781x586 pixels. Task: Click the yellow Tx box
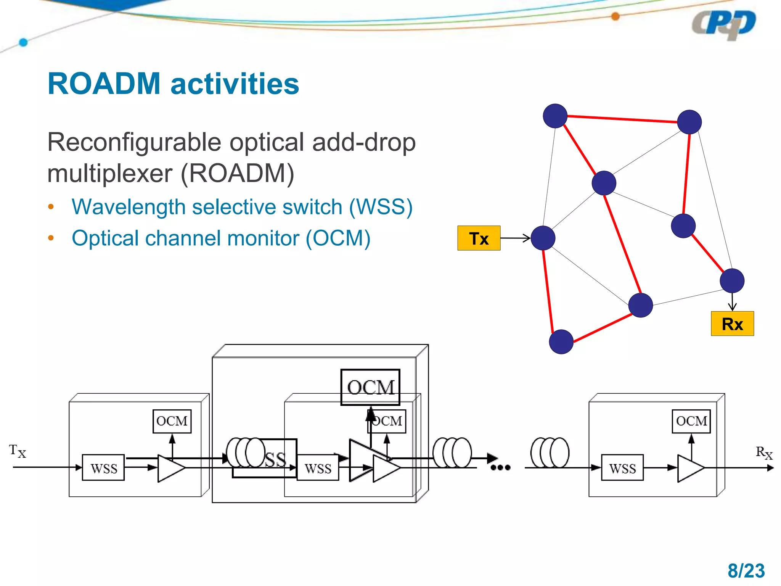click(479, 238)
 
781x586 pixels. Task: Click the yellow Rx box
click(732, 324)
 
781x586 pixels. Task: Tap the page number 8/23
click(746, 571)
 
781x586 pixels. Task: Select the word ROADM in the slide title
click(104, 84)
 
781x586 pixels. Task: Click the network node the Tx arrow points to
click(543, 238)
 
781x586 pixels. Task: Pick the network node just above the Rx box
click(732, 280)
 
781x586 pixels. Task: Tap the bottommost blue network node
click(561, 341)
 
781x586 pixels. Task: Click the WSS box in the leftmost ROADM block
click(103, 468)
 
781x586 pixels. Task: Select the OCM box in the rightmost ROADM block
click(691, 421)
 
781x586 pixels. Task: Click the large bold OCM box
click(370, 387)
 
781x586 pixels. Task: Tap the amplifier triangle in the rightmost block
click(690, 468)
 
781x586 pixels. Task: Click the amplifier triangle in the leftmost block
click(170, 468)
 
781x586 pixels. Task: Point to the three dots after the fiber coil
click(500, 468)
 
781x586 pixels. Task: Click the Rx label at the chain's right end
click(763, 453)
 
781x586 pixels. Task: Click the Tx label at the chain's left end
click(18, 451)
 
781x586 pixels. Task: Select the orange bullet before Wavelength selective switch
click(51, 207)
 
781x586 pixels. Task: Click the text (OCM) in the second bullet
click(338, 238)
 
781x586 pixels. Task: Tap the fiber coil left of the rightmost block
click(550, 453)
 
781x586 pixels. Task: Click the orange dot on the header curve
click(615, 16)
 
